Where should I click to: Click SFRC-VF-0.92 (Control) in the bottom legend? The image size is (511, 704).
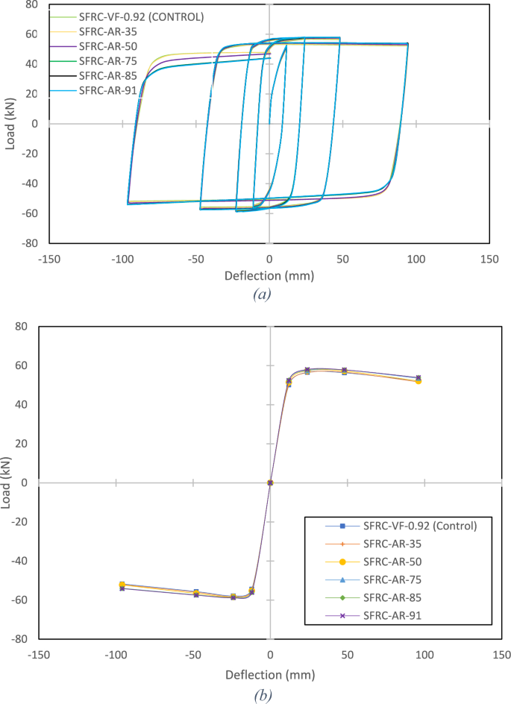420,526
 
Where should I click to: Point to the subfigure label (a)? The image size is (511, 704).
261,294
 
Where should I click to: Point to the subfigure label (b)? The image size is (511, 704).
261,694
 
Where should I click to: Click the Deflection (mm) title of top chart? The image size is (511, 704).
269,275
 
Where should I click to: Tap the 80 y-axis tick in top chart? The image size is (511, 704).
31,4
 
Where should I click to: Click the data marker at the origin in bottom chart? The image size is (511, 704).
270,483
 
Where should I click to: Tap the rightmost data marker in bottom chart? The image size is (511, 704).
418,380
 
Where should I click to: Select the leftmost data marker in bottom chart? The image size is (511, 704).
122,587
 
